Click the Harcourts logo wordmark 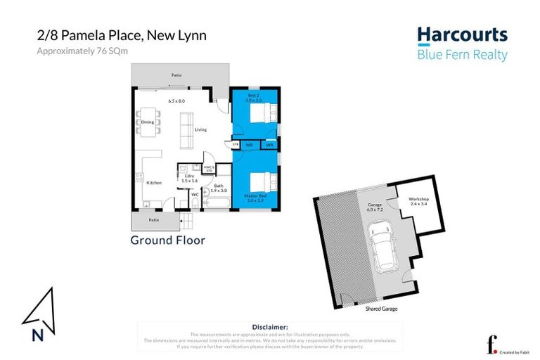pyautogui.click(x=461, y=35)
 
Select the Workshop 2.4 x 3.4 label pyautogui.click(x=419, y=201)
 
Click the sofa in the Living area pyautogui.click(x=188, y=131)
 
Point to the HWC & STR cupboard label pyautogui.click(x=208, y=168)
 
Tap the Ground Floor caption pyautogui.click(x=167, y=240)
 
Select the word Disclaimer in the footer pyautogui.click(x=270, y=327)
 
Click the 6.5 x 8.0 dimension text pyautogui.click(x=176, y=101)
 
